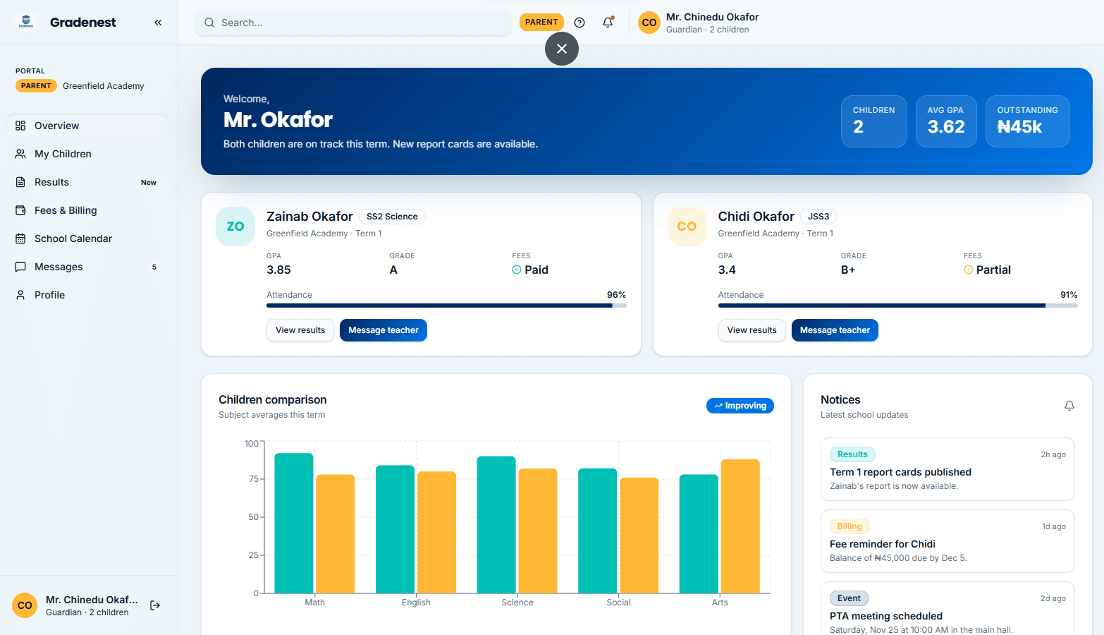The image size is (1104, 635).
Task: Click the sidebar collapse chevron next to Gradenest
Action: (x=158, y=22)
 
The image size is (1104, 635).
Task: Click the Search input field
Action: (x=353, y=23)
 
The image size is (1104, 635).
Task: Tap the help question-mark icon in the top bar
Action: (x=579, y=22)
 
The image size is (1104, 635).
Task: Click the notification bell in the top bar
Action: (x=608, y=22)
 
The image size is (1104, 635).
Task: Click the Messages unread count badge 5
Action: (x=154, y=267)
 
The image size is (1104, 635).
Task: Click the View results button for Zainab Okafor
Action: (x=300, y=330)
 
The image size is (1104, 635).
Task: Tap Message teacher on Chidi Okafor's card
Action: (x=835, y=330)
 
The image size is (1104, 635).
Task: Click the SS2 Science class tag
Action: (x=392, y=217)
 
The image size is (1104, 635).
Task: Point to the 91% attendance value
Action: (x=1069, y=294)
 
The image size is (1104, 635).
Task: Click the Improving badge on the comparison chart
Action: (x=740, y=406)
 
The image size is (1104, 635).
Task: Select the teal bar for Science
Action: (x=496, y=524)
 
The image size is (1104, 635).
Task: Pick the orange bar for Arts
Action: (x=740, y=526)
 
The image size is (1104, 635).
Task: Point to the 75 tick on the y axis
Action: (x=253, y=478)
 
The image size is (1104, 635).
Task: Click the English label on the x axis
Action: (x=416, y=603)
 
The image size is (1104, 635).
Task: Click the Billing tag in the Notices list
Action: (x=850, y=526)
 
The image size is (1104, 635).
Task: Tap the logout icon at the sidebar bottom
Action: (x=155, y=605)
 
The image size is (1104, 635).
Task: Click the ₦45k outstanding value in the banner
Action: (x=1019, y=127)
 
